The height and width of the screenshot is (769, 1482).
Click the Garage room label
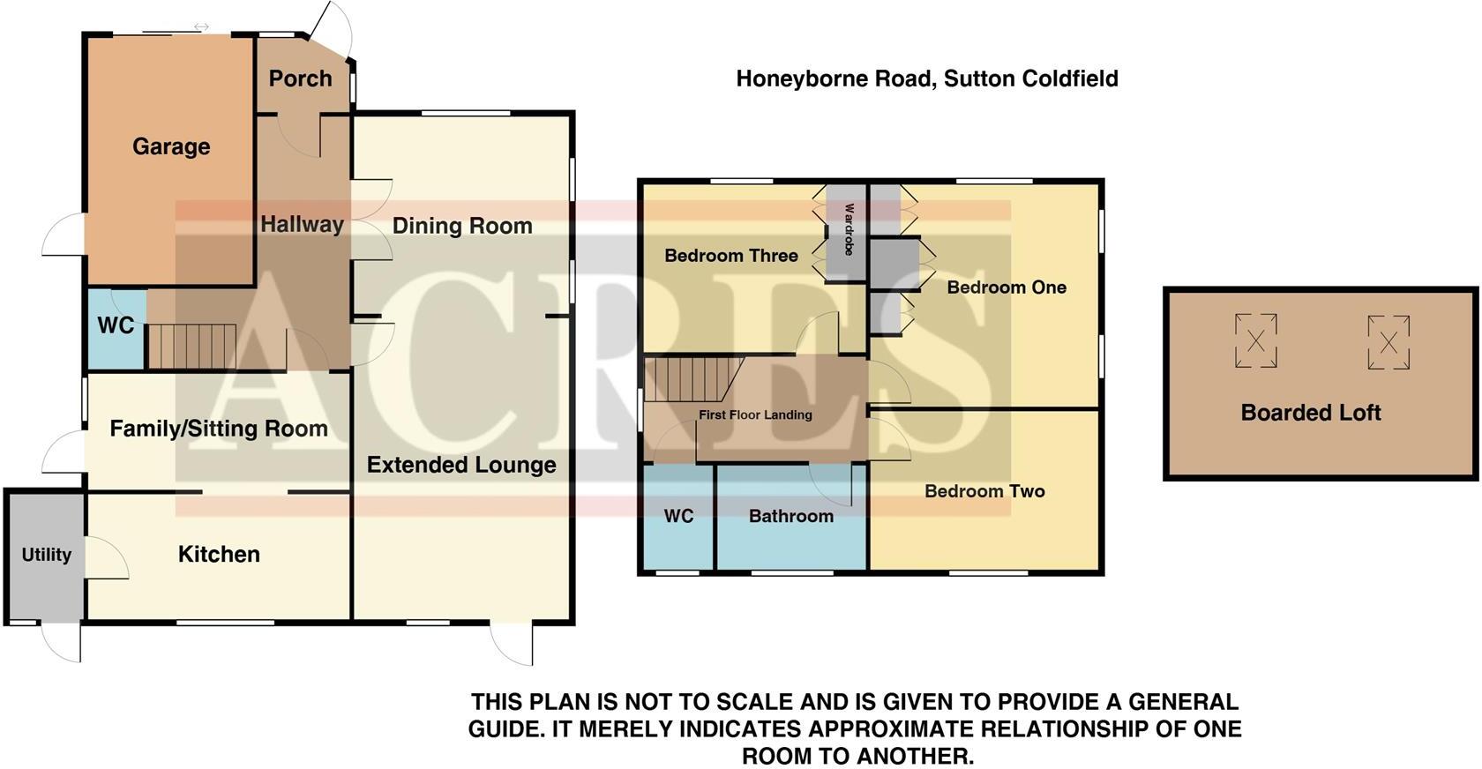(171, 146)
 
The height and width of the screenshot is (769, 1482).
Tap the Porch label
(300, 78)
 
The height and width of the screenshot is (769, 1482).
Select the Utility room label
(46, 555)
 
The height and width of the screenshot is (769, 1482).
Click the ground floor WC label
(116, 325)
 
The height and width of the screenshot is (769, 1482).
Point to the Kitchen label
(219, 554)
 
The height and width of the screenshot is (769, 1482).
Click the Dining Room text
(462, 226)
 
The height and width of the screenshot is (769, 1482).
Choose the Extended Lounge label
(461, 465)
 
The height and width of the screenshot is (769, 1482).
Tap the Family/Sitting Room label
(219, 429)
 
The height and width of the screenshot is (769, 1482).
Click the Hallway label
(302, 224)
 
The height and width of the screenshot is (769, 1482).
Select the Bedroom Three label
(731, 256)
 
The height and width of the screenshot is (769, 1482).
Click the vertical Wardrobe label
(849, 229)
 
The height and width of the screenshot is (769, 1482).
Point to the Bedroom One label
(1007, 287)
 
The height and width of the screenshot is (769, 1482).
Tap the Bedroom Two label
(984, 491)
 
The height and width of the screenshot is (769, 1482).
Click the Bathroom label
(791, 516)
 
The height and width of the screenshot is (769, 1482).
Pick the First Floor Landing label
(755, 414)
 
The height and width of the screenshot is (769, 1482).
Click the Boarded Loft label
(1311, 413)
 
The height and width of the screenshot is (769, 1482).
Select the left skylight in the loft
(1256, 340)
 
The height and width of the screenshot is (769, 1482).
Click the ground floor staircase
(191, 346)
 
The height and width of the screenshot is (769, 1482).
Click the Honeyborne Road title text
(927, 78)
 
